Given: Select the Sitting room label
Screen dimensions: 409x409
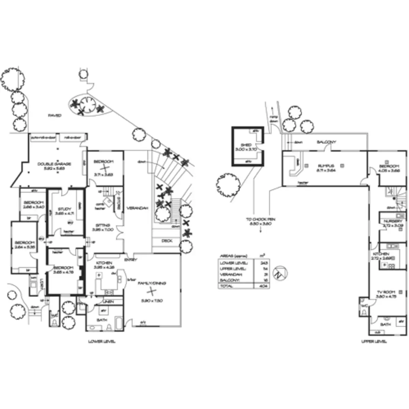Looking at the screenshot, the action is point(103,225).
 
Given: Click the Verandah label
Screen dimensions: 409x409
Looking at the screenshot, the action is point(137,208).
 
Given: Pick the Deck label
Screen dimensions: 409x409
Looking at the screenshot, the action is point(167,241).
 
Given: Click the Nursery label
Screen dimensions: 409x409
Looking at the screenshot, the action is point(393,221).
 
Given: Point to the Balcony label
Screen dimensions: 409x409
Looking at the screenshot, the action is point(326,142).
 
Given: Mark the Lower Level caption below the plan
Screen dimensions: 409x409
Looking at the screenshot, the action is point(102,341).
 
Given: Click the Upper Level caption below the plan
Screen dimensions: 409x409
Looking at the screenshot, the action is point(374,341).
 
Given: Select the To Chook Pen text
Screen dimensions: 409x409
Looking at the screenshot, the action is point(261,219).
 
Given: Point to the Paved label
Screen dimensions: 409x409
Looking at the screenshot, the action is point(55,116).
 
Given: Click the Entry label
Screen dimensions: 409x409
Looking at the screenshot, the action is point(131,260).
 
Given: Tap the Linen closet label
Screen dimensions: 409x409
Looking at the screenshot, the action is point(108,302).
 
